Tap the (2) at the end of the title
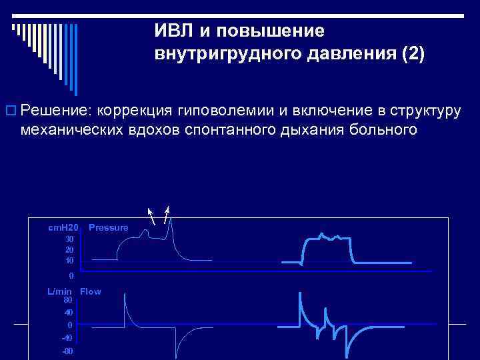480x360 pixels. click(411, 53)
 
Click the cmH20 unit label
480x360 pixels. click(63, 227)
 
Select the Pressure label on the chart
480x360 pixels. click(108, 227)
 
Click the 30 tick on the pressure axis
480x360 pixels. click(69, 239)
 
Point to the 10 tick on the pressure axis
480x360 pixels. click(69, 260)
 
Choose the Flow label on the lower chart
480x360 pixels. click(91, 291)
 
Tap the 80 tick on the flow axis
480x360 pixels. click(69, 300)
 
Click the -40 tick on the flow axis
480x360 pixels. click(67, 337)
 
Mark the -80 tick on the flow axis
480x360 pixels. click(67, 351)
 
